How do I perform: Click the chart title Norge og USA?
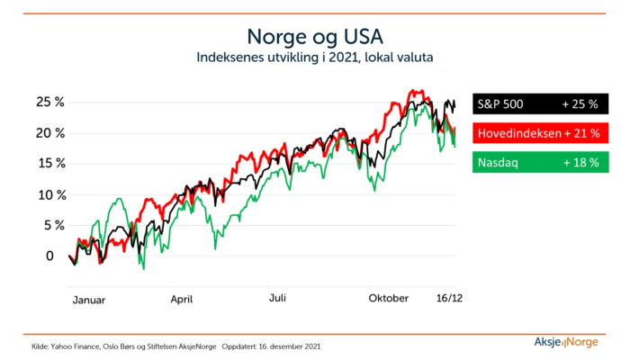click(x=315, y=38)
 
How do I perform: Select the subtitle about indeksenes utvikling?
click(x=315, y=58)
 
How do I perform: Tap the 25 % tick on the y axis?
click(x=50, y=102)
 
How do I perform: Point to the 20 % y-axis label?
click(x=50, y=133)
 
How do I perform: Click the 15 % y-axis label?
click(x=51, y=163)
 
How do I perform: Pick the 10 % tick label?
click(x=52, y=195)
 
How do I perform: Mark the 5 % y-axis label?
click(x=54, y=225)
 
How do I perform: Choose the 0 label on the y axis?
click(x=49, y=256)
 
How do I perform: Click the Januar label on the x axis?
click(x=89, y=300)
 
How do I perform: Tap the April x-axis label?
click(x=182, y=300)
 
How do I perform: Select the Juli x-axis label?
click(x=277, y=298)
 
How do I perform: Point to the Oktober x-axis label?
click(x=389, y=298)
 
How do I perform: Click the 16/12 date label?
click(x=450, y=298)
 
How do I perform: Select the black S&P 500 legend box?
click(x=540, y=104)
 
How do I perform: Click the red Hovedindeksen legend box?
click(x=540, y=133)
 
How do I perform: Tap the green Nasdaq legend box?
click(x=540, y=162)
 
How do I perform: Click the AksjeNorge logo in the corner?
click(x=566, y=342)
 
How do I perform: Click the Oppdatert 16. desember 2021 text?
click(x=271, y=346)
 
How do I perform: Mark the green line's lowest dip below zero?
click(x=143, y=268)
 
